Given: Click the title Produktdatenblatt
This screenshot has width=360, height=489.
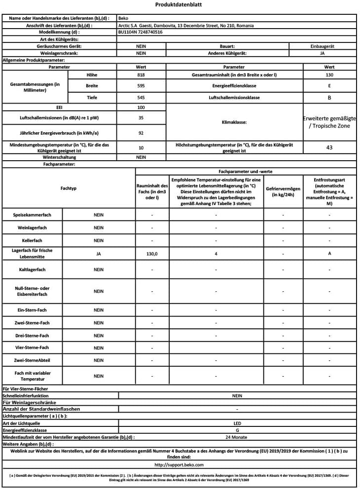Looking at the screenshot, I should point(178,5).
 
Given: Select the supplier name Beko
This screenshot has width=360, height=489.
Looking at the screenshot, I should point(123,18).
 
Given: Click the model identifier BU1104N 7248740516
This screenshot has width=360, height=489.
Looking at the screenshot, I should point(141,32).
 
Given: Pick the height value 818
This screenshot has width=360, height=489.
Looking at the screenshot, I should point(141,75).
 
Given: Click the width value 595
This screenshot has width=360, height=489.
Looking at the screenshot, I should point(141,86).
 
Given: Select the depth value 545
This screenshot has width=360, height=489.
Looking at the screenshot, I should point(141,98).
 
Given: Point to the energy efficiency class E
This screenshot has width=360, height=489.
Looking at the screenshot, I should point(329,86).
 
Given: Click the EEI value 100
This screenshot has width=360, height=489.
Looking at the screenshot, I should point(141,107).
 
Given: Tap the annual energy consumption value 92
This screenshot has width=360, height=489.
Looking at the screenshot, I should point(141,133).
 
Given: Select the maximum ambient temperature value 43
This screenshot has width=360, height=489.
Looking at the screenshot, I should point(329,147).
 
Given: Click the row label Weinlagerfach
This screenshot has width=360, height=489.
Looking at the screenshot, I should point(33,228).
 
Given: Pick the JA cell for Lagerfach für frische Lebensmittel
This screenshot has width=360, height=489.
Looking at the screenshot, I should point(99,253).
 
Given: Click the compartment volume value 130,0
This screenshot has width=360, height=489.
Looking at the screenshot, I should point(152,253).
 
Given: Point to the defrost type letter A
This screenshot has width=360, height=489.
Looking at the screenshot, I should point(329,253).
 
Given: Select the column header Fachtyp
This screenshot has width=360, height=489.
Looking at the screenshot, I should point(69,188).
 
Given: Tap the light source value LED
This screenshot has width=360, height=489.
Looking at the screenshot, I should point(237,423).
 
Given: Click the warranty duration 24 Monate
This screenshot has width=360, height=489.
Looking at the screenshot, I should point(237,437).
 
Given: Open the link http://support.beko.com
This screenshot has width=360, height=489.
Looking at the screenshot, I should point(179,464).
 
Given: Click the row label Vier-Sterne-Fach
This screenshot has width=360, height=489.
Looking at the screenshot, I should point(33,348).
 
